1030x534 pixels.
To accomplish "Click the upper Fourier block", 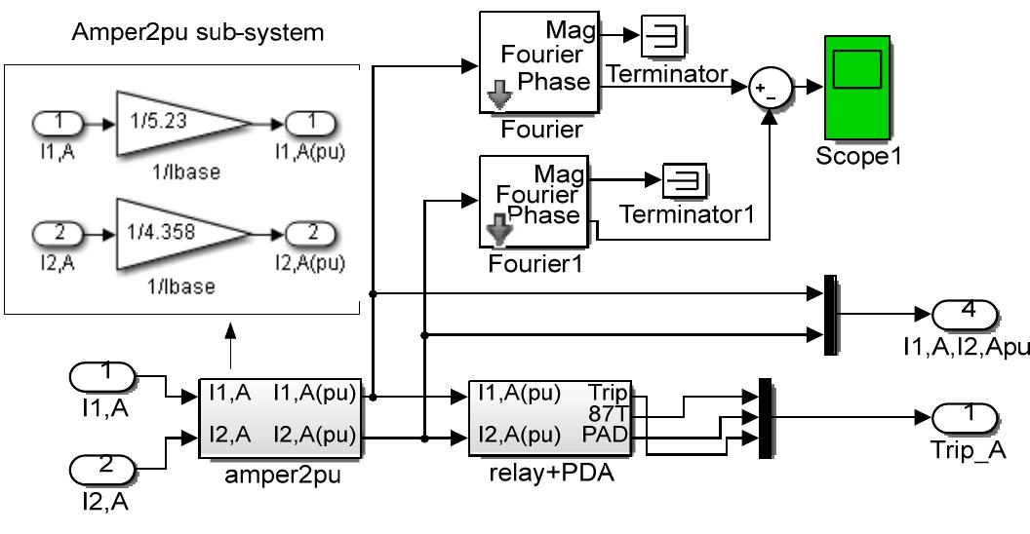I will [x=537, y=62].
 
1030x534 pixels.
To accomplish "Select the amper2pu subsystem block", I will [x=281, y=417].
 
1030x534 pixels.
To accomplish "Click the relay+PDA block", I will [x=550, y=417].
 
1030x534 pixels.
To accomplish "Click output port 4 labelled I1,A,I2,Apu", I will [x=967, y=315].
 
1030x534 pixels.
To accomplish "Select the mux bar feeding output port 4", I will [x=831, y=316].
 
